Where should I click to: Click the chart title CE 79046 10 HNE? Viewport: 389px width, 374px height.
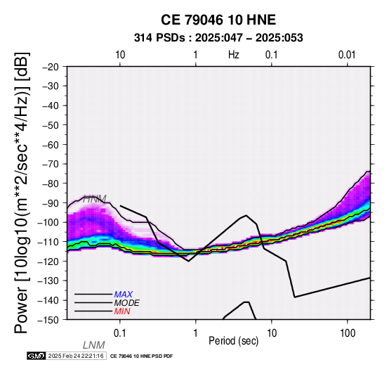[x=218, y=20]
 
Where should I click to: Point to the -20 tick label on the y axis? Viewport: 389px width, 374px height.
[x=51, y=67]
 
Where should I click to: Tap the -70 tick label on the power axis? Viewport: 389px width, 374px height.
[x=51, y=164]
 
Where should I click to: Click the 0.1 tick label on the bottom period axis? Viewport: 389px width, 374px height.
[x=120, y=333]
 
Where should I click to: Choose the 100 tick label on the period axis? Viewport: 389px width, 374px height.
[x=348, y=333]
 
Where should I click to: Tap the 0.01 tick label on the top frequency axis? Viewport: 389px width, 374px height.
[x=347, y=55]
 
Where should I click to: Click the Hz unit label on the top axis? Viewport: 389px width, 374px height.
[x=234, y=55]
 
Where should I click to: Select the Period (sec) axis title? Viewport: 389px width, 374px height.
[x=233, y=341]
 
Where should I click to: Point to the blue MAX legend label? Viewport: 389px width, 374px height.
[x=124, y=295]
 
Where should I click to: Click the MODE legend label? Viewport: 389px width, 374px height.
[x=127, y=303]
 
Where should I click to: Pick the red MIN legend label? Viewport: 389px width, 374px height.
[x=122, y=311]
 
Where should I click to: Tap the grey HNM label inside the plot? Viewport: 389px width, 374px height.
[x=95, y=199]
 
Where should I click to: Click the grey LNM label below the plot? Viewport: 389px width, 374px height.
[x=94, y=345]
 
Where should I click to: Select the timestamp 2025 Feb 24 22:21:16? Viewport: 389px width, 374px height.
[x=76, y=356]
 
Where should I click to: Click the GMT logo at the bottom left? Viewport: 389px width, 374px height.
[x=37, y=356]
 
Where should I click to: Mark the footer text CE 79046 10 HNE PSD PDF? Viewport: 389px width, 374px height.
[x=141, y=356]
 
